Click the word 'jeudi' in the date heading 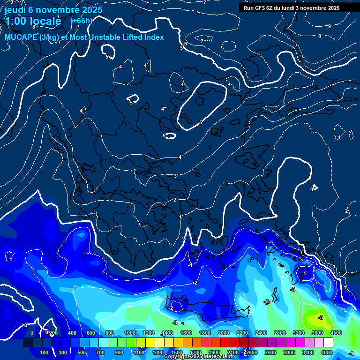pyautogui.click(x=15, y=10)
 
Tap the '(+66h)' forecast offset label pyautogui.click(x=81, y=21)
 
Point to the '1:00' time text pyautogui.click(x=16, y=21)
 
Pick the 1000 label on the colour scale pyautogui.click(x=129, y=333)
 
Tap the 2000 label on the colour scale pyautogui.click(x=223, y=333)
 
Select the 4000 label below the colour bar pyautogui.click(x=326, y=352)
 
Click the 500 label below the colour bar pyautogui.click(x=82, y=352)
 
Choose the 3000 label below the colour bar pyautogui.click(x=289, y=352)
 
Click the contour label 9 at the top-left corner pyautogui.click(x=11, y=2)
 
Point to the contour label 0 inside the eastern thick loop pyautogui.click(x=312, y=189)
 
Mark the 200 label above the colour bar pyautogui.click(x=53, y=333)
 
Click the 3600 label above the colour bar pyautogui.click(x=317, y=333)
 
